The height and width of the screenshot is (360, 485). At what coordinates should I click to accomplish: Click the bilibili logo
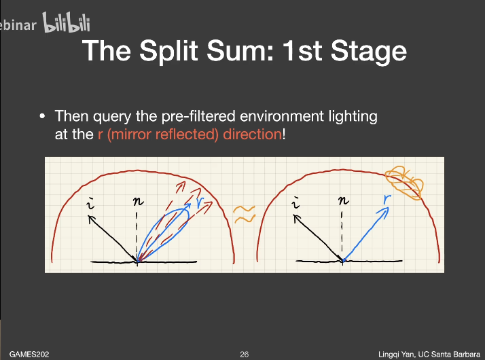pos(67,22)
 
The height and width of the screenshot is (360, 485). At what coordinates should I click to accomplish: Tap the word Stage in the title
pos(369,52)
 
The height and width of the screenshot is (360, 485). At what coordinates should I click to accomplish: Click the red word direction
pos(253,134)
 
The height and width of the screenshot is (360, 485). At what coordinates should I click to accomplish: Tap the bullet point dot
pos(42,117)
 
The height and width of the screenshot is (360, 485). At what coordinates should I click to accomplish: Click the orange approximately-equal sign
pos(244,214)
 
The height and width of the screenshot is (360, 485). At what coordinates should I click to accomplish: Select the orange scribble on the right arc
pos(404,183)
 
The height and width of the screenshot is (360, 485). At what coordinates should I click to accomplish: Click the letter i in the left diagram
pos(90,203)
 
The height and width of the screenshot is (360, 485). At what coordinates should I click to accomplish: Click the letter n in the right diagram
pos(343,201)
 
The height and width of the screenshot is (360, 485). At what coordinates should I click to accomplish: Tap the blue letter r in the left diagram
pos(200,202)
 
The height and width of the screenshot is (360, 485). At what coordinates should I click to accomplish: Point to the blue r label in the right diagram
pos(387,199)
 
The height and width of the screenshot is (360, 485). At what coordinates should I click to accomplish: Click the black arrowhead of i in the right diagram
pos(297,218)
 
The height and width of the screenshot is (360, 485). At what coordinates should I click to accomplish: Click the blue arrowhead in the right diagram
pos(384,212)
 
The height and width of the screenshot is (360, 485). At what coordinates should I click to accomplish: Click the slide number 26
pos(244,355)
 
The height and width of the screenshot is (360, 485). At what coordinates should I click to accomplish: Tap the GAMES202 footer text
pos(29,355)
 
